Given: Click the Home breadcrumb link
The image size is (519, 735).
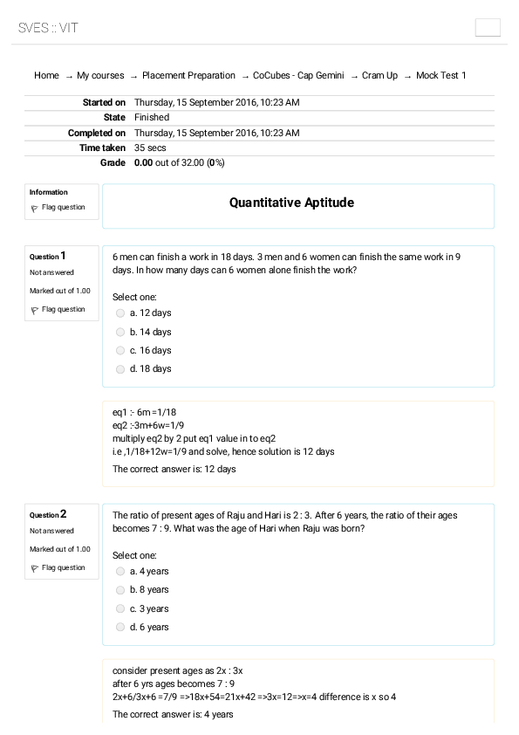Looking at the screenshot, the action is (x=46, y=76).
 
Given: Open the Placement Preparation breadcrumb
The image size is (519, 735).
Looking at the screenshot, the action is (x=188, y=76).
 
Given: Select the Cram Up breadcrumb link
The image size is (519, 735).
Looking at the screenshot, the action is (x=379, y=76).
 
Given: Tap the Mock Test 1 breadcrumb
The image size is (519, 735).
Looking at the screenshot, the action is (x=440, y=76).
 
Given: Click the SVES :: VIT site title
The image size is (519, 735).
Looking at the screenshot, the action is (x=48, y=28).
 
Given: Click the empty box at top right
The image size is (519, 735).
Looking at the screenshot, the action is (x=488, y=27).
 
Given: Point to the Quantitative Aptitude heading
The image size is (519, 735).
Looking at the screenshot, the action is (x=291, y=203).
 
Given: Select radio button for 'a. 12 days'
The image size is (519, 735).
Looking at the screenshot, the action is (x=120, y=313).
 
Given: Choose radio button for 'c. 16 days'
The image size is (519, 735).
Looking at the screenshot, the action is (x=120, y=350).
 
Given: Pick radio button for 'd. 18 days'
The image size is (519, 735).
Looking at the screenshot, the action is (x=120, y=369).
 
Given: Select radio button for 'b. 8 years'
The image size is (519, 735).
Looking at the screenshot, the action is (x=120, y=590).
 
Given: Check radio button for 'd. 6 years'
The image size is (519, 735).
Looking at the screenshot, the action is (x=120, y=628).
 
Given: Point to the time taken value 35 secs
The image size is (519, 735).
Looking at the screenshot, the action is (x=150, y=148).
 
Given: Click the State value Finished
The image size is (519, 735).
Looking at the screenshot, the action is (x=152, y=117).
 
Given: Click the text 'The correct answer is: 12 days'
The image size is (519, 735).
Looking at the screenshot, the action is (x=174, y=469).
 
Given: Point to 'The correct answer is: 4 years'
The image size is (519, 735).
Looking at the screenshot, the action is (x=173, y=715).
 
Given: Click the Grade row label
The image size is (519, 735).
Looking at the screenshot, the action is (x=113, y=163).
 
